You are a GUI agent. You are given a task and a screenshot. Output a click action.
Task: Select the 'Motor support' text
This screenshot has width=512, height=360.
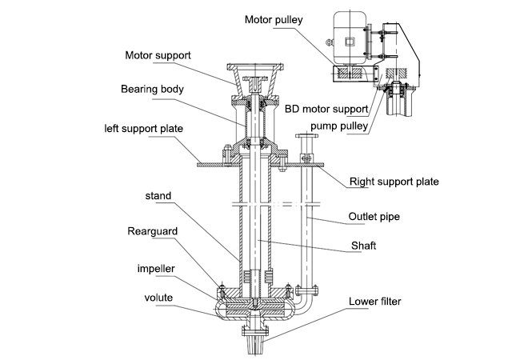(x=158, y=57)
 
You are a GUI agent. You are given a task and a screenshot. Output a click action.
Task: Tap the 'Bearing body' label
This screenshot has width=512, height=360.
(x=153, y=90)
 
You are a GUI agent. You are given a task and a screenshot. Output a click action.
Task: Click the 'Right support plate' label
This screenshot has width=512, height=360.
(x=394, y=182)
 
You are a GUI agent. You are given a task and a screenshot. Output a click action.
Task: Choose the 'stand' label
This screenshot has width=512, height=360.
(x=157, y=194)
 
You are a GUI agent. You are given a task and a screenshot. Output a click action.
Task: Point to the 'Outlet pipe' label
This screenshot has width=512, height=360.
(x=374, y=216)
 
